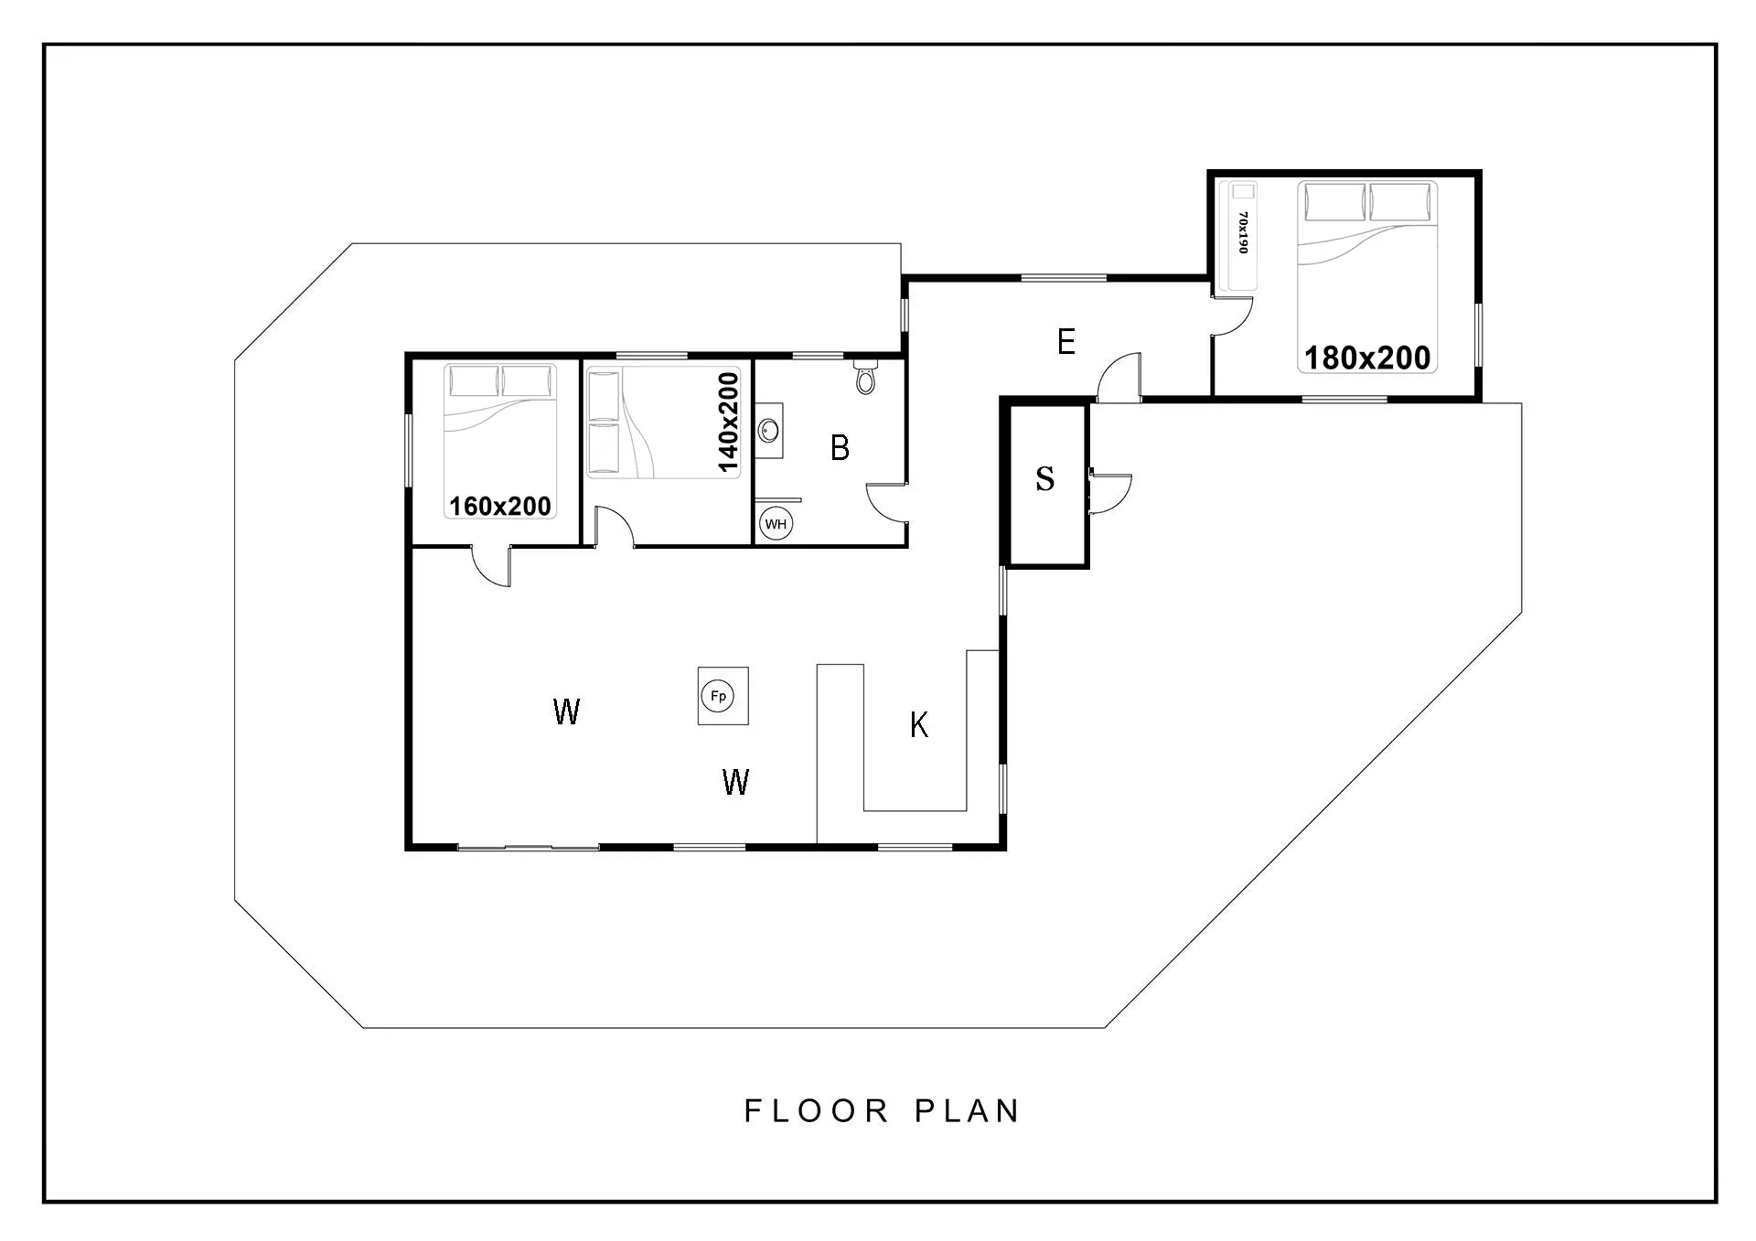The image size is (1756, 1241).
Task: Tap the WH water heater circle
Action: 776,524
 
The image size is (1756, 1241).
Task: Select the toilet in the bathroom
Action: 865,376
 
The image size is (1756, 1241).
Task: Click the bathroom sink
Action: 770,430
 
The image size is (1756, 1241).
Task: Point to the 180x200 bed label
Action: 1367,358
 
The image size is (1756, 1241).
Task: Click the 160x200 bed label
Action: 500,506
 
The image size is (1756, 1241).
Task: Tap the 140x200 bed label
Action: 728,423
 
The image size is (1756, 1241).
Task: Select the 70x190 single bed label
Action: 1242,233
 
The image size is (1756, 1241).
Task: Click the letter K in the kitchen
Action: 919,725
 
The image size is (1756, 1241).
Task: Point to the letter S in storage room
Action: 1044,478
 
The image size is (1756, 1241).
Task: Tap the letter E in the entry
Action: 1065,342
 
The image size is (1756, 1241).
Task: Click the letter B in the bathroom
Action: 840,447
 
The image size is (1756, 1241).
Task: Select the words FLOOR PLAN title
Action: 882,1111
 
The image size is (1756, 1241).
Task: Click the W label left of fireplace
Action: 566,711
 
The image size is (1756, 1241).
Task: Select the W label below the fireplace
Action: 735,782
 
